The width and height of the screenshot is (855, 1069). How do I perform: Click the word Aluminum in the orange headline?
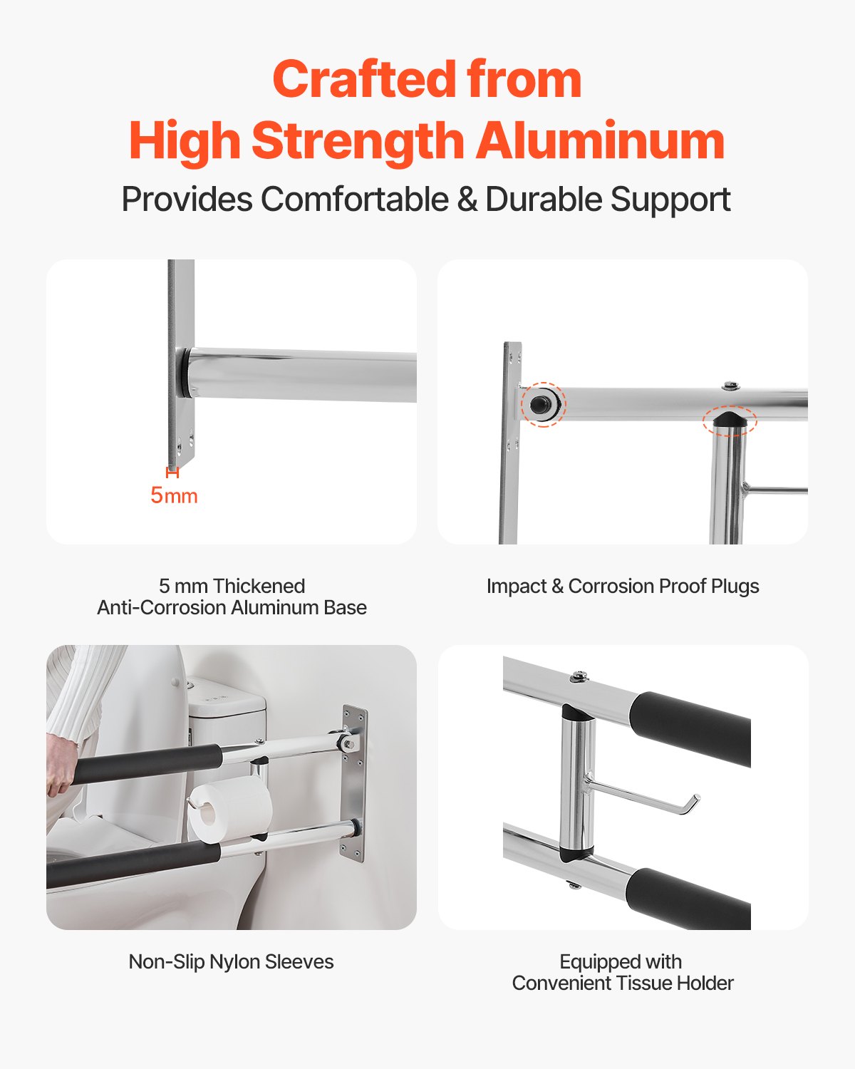coord(600,140)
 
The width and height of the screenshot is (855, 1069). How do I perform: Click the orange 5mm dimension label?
coord(174,495)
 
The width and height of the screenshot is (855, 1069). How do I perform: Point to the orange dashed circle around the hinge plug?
coord(543,404)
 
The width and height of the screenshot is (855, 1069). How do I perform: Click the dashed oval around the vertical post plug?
coord(729,420)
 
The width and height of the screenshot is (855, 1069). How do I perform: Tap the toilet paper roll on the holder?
coord(229,812)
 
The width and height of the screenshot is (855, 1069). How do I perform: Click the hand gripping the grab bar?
coord(63,766)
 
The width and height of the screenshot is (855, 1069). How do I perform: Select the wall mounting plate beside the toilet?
coord(354,784)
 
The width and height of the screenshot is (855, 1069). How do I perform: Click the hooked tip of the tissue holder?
coord(692,803)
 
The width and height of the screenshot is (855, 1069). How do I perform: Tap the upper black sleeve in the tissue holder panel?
coord(690,727)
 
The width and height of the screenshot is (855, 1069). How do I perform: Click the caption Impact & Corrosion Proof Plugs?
coord(623,587)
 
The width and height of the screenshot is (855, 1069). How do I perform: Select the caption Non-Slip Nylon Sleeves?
coord(231,962)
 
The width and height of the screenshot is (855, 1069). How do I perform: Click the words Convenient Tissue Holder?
coord(623,983)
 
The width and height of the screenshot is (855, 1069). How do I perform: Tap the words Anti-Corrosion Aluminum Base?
coord(232,608)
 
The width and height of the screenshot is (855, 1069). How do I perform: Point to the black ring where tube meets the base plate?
coord(185,372)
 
